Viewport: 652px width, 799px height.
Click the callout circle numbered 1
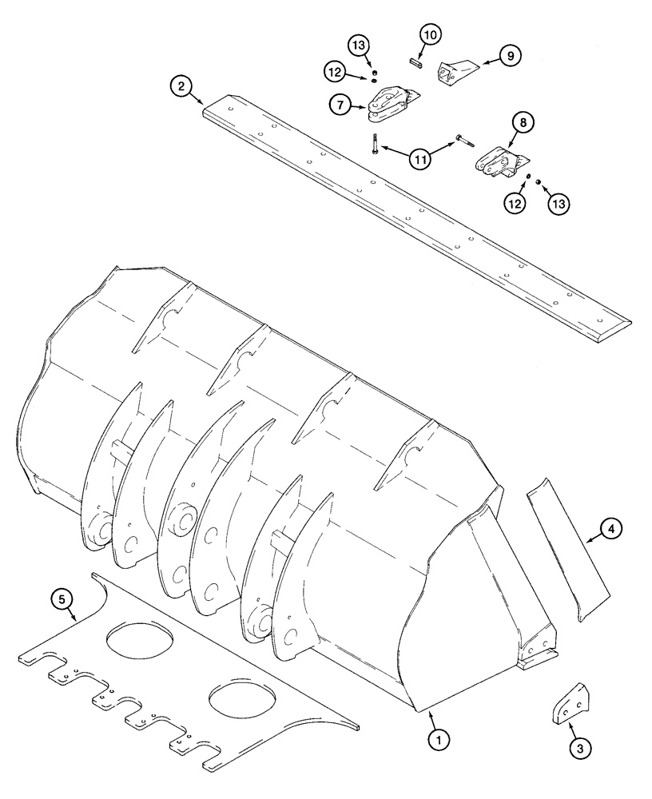[x=437, y=740]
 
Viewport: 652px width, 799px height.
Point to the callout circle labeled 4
[x=608, y=528]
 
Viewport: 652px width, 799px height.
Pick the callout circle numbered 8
[x=523, y=122]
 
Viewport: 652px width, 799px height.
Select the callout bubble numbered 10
[x=431, y=34]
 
